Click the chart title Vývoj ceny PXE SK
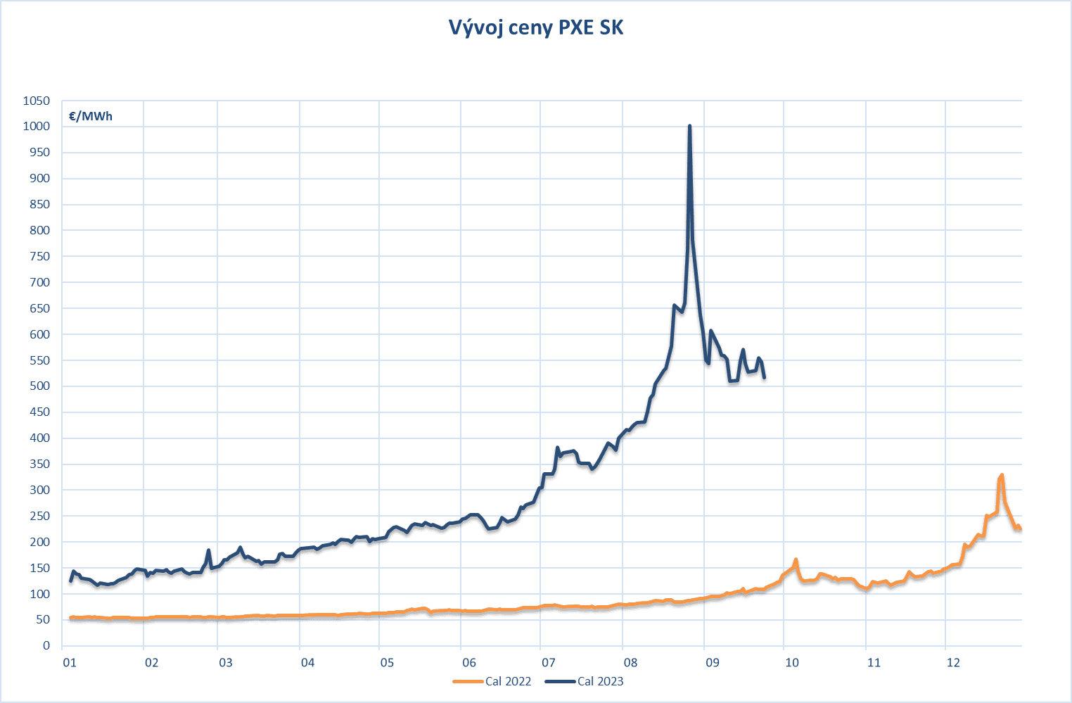pos(536,27)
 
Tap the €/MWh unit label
pos(91,117)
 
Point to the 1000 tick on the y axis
pos(37,127)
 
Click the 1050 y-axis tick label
pos(37,101)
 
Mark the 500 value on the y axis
pos(39,386)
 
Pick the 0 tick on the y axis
pos(46,646)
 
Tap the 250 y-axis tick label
pos(39,516)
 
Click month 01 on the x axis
pos(70,663)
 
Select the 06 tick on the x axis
pos(469,663)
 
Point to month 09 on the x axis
pos(713,663)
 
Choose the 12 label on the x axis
pos(953,663)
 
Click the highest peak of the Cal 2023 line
pos(689,127)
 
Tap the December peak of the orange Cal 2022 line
pos(1002,476)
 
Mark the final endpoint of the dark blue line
pos(764,378)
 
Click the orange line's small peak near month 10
pos(796,560)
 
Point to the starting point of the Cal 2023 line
pos(70,581)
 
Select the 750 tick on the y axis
pos(39,256)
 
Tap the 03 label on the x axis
pos(226,663)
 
